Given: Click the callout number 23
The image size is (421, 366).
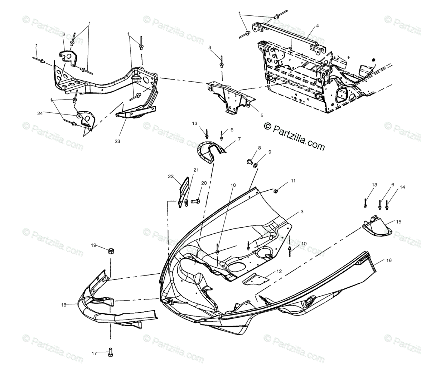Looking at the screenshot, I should click(x=117, y=141).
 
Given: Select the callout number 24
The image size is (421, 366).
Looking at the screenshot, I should click(x=40, y=113).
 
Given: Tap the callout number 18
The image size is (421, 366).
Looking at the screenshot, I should click(x=64, y=305).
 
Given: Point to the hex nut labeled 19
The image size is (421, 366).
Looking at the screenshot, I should click(x=111, y=250).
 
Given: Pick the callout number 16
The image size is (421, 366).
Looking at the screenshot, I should click(x=389, y=261).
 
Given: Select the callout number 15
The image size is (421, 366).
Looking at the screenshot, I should click(x=398, y=222).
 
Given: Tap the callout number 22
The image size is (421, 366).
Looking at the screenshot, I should click(x=171, y=176).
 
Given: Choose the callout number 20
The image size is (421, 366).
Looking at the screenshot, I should click(x=204, y=183).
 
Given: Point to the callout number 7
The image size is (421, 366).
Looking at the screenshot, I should click(x=239, y=139).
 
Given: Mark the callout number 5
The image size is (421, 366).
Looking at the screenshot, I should click(x=262, y=116).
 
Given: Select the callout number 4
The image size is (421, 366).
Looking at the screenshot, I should click(x=317, y=26).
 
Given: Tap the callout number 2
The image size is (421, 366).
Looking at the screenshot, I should click(x=64, y=34).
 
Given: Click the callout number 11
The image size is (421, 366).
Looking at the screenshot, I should click(x=293, y=181).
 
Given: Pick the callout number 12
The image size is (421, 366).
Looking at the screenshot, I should click(x=279, y=272).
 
